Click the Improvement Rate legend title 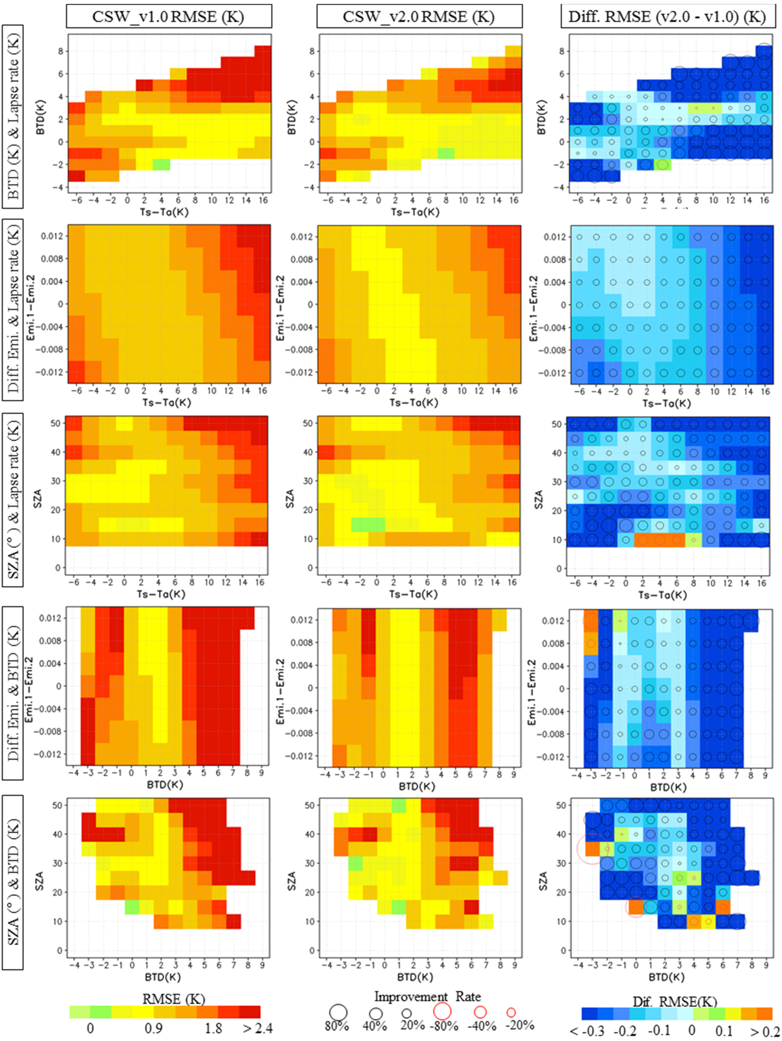click(x=427, y=996)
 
